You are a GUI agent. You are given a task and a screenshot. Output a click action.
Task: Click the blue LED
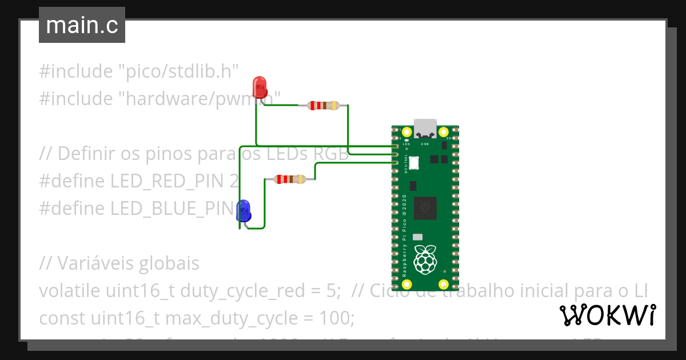point(244,210)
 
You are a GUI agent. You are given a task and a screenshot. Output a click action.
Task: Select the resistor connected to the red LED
point(323,105)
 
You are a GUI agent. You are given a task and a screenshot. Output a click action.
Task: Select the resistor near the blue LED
point(290,179)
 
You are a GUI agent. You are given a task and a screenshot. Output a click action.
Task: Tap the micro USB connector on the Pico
point(425,128)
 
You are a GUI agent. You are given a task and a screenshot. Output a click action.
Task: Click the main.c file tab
point(82,25)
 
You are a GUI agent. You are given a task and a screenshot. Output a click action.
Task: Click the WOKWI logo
point(608,315)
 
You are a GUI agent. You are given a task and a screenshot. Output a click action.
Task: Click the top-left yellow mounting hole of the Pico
point(407,132)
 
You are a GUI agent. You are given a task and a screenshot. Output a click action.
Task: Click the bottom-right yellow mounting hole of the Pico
point(443,284)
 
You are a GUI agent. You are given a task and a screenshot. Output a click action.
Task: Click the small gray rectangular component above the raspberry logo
point(418,237)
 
